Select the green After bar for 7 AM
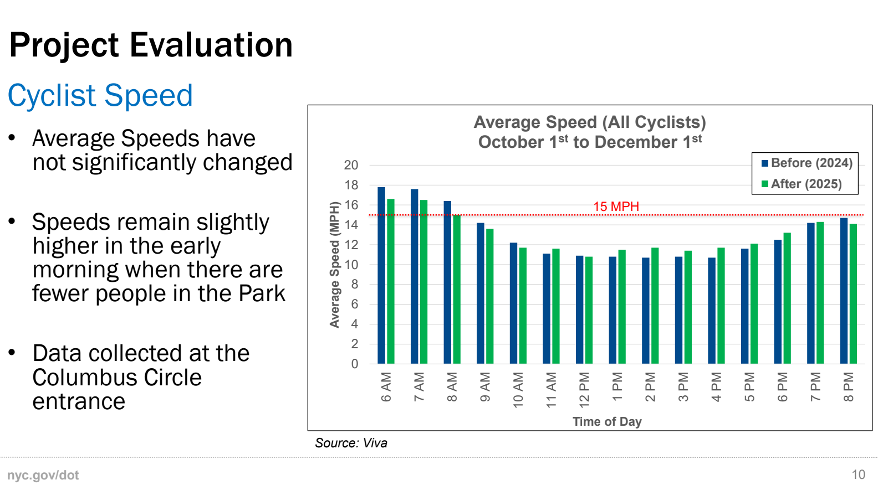pos(423,282)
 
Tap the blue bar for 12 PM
pos(579,309)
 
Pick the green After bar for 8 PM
pos(853,293)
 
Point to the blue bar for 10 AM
pos(513,303)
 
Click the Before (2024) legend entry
pos(806,163)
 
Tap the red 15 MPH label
pos(616,207)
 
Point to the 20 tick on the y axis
pos(351,165)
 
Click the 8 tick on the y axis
pos(354,285)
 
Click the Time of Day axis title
pos(607,422)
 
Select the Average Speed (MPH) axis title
pos(334,265)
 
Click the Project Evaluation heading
pos(151,45)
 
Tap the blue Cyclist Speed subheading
pos(100,95)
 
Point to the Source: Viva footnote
pos(351,443)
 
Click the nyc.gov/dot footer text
pos(43,475)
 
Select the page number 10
pos(858,474)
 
